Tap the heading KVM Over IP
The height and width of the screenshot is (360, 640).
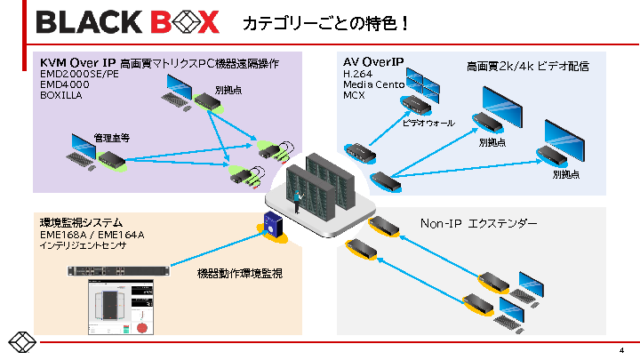tap(78, 62)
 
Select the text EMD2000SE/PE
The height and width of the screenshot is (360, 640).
tap(79, 74)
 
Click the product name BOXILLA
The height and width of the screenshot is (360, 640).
tap(61, 95)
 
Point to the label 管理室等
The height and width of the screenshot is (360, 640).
tap(112, 138)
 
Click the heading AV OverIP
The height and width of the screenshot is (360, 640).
tap(373, 62)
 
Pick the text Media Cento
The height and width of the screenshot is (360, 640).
tap(374, 84)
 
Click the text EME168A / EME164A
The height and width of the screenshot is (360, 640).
tap(92, 234)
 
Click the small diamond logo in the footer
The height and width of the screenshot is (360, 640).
tap(21, 342)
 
